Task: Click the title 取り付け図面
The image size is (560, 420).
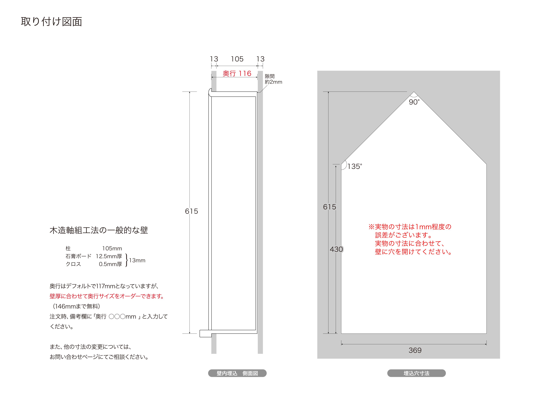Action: pyautogui.click(x=51, y=22)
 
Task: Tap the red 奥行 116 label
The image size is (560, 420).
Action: pyautogui.click(x=237, y=73)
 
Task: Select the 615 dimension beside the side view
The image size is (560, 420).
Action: pyautogui.click(x=191, y=211)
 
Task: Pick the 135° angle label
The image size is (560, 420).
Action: pyautogui.click(x=355, y=166)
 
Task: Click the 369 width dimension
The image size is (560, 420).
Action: pyautogui.click(x=415, y=350)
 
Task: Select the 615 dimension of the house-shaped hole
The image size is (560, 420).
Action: pyautogui.click(x=329, y=207)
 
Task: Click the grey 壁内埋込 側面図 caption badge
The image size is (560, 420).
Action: pyautogui.click(x=237, y=373)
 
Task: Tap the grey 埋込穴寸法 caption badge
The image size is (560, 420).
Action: pyautogui.click(x=416, y=373)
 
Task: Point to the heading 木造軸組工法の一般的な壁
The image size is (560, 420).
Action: pyautogui.click(x=99, y=230)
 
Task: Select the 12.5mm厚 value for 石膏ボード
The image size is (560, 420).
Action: pyautogui.click(x=109, y=256)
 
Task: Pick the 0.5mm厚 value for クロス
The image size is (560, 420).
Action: pyautogui.click(x=110, y=264)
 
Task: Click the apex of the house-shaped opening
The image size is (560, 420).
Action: pyautogui.click(x=414, y=92)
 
